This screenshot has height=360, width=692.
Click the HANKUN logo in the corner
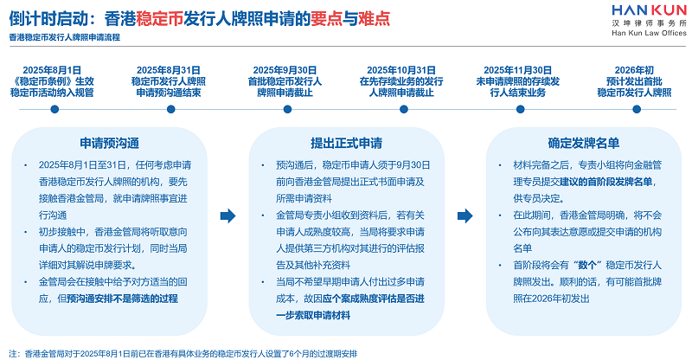click(635, 10)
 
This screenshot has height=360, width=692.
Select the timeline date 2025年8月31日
click(168, 69)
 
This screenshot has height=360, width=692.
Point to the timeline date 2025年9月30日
click(284, 69)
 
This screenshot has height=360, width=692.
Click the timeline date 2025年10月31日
click(401, 69)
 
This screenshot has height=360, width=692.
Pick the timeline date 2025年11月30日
click(517, 69)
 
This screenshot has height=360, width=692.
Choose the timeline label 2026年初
click(634, 69)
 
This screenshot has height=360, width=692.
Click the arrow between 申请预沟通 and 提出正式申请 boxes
click(227, 215)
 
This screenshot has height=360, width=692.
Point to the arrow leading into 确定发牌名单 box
click(463, 215)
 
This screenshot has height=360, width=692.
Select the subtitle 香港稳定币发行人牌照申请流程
click(65, 37)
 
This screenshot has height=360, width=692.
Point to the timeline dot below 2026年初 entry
click(634, 112)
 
